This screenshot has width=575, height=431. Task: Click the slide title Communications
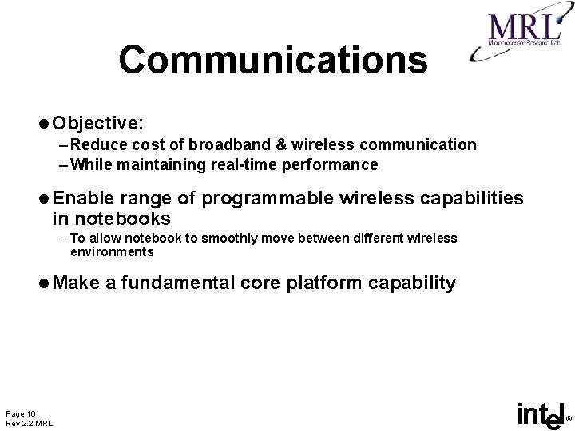click(273, 60)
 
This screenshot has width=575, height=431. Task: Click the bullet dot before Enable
click(44, 197)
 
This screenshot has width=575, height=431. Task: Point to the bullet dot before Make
click(44, 283)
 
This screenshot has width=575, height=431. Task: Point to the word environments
click(112, 251)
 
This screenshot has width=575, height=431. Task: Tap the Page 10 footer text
click(20, 413)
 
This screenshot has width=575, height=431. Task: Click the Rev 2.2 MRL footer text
click(29, 423)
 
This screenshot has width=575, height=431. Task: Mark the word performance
click(336, 165)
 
